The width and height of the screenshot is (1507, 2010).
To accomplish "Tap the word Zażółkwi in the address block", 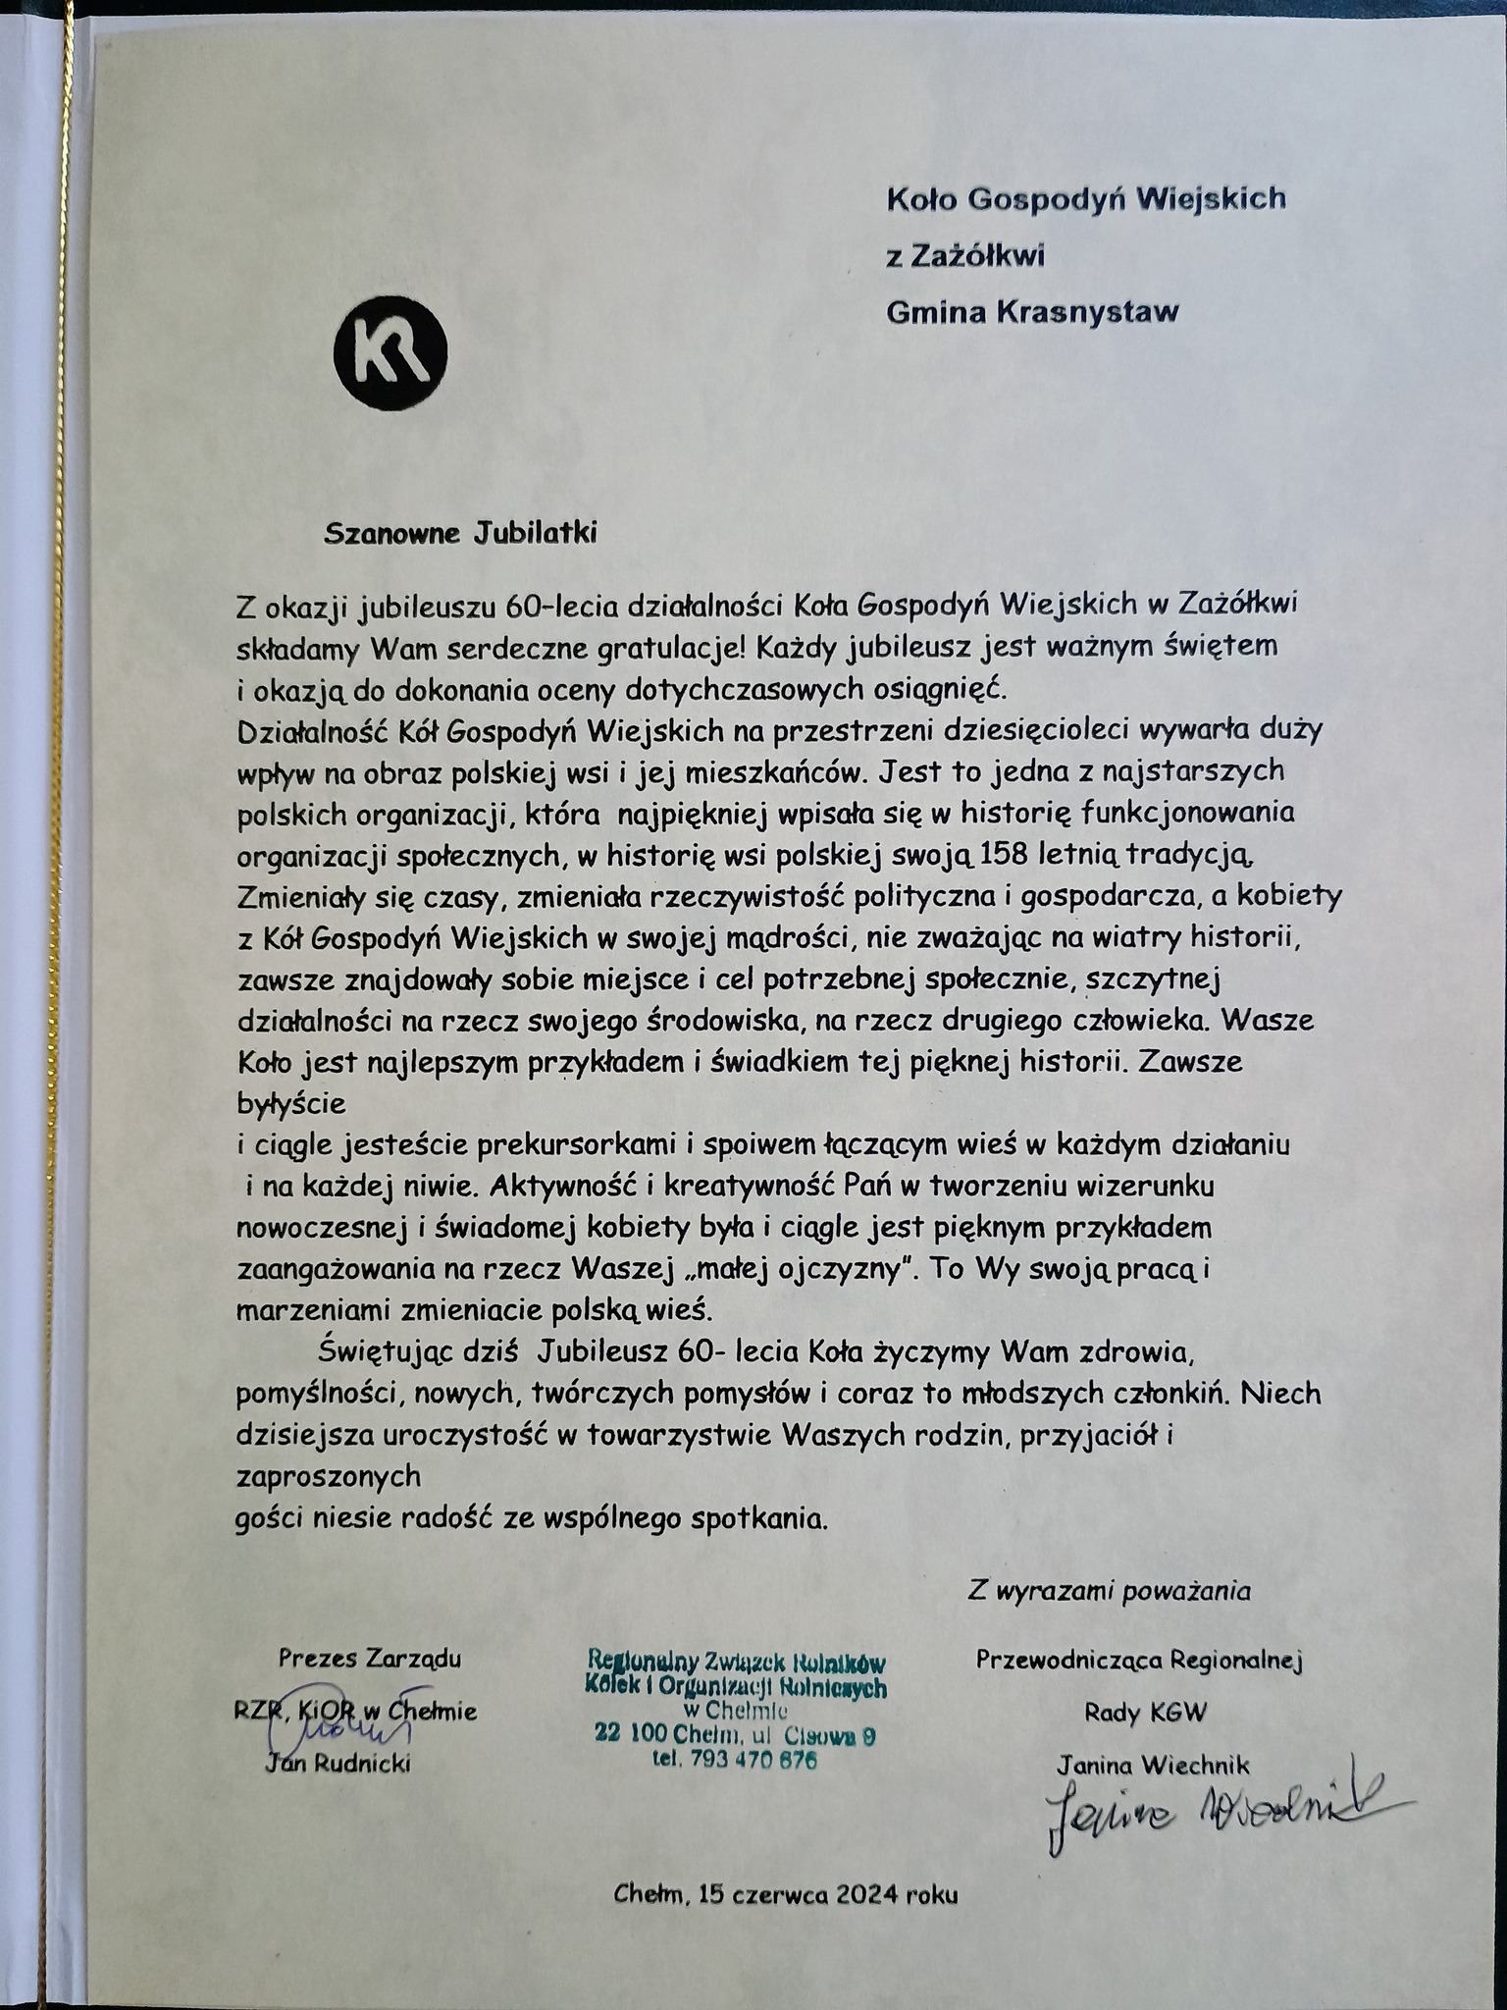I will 978,256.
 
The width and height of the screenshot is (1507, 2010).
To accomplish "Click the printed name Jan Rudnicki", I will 338,1764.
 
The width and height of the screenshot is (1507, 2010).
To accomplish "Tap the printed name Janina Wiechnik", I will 1153,1766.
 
